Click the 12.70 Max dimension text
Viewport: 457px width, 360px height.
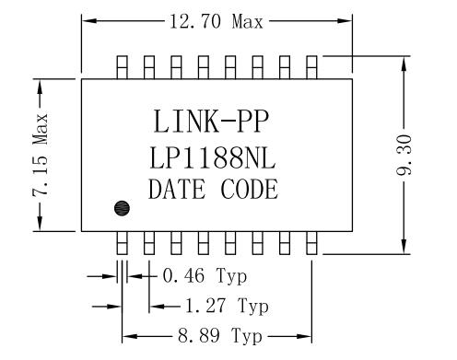(x=217, y=22)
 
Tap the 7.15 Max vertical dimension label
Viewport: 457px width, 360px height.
(x=41, y=155)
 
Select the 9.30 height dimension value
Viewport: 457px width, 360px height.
(x=404, y=155)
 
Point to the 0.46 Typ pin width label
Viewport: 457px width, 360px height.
(x=205, y=275)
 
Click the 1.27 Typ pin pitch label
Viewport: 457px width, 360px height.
(x=227, y=306)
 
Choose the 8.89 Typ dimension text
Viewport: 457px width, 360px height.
(x=220, y=335)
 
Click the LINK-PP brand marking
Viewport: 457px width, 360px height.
(x=211, y=122)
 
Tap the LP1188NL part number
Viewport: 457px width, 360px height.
(x=213, y=158)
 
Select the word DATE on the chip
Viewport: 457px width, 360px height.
(x=176, y=190)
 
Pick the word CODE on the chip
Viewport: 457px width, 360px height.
(x=250, y=190)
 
